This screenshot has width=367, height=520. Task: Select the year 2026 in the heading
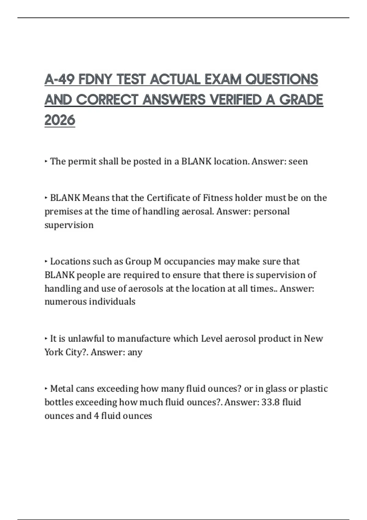pos(60,120)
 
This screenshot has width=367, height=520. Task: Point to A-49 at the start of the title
pos(60,80)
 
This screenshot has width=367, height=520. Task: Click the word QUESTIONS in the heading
pos(282,80)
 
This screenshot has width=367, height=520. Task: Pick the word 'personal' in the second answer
pos(272,211)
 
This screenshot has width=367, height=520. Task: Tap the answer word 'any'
pos(135,352)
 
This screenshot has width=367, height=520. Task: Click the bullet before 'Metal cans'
pos(46,389)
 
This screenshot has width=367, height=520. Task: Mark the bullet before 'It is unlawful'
pos(46,339)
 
